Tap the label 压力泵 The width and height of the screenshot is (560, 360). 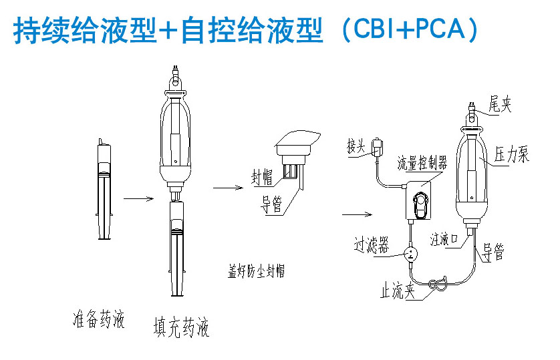512,156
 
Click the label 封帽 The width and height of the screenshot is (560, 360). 261,178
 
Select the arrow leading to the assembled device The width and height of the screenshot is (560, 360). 356,214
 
